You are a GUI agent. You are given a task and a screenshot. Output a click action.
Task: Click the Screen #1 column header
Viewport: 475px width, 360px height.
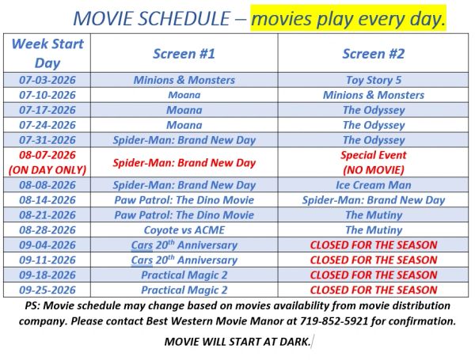184,54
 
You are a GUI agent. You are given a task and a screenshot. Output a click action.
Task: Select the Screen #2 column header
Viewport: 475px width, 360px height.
374,54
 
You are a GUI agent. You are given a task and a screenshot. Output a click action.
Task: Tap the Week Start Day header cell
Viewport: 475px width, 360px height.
47,53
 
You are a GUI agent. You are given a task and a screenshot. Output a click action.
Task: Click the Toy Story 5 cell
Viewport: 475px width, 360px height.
374,80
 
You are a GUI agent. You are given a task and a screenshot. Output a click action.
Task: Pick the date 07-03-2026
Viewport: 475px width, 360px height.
47,80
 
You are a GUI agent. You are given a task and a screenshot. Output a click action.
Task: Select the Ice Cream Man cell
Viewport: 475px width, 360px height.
374,185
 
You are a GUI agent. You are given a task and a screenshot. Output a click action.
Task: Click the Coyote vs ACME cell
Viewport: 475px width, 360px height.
184,230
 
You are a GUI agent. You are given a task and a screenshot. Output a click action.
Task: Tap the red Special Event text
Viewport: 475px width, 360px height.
374,155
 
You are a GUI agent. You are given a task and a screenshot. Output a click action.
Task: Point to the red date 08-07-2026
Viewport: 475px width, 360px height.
47,155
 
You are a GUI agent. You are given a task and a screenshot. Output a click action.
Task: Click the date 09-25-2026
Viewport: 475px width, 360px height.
47,290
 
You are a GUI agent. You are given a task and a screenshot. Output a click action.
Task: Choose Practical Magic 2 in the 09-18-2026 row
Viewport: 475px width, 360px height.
184,275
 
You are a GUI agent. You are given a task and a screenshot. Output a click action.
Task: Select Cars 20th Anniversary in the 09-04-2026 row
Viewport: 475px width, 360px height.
184,245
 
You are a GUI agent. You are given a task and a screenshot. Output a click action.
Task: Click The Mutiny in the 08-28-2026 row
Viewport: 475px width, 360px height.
374,230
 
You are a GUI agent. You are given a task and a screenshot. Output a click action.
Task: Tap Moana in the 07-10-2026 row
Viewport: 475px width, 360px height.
184,95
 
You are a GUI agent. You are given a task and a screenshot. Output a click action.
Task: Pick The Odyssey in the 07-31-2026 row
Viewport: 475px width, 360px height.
374,140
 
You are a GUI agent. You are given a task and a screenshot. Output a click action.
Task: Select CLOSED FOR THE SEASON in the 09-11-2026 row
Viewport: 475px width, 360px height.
374,260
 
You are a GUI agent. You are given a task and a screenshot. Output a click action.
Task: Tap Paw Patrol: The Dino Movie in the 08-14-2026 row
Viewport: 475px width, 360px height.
184,200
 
